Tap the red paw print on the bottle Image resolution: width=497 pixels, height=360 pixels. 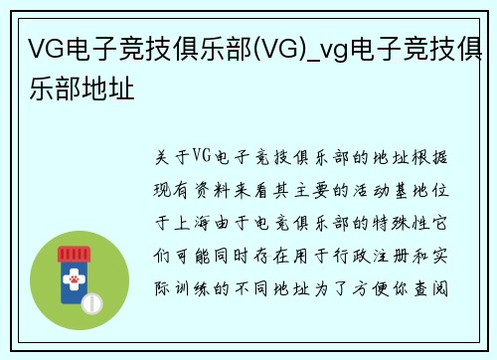pyautogui.click(x=73, y=283)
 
